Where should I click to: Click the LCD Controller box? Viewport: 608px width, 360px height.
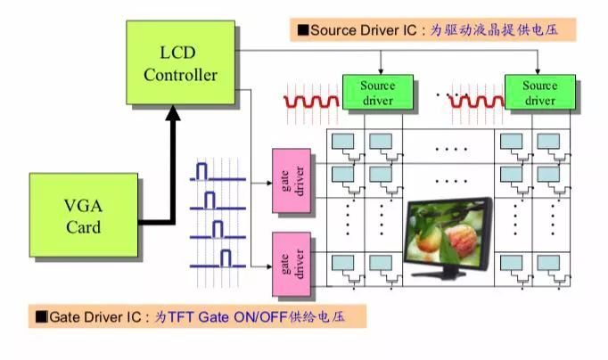coord(180,64)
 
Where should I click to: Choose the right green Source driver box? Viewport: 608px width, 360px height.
coord(538,93)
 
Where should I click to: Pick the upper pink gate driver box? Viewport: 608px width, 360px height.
coord(291,182)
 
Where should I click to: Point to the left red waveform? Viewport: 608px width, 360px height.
coord(311,101)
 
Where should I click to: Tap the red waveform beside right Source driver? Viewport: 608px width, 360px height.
coord(474,102)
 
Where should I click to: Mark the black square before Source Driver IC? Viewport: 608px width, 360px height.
coord(302,30)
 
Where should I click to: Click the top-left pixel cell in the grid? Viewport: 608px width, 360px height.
coord(343,141)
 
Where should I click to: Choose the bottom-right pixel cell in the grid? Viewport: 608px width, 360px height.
coord(546,265)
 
